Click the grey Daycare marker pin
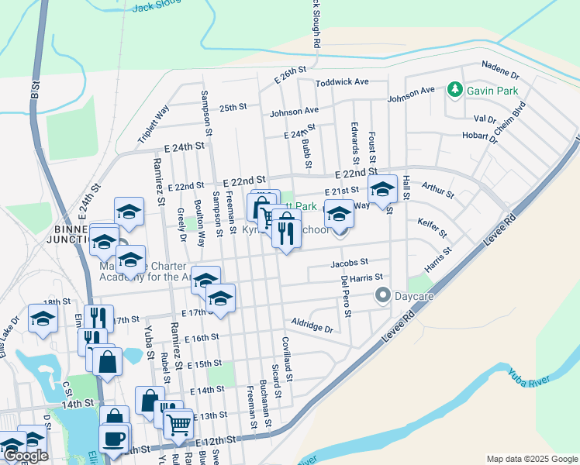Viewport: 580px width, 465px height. [381, 295]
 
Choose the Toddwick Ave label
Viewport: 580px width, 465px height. [341, 81]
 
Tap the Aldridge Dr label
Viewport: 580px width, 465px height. [312, 325]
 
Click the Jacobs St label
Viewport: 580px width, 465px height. [349, 263]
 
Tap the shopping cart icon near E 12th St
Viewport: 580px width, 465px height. [179, 423]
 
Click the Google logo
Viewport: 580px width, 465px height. [26, 456]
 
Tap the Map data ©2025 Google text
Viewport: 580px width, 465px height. [532, 459]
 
